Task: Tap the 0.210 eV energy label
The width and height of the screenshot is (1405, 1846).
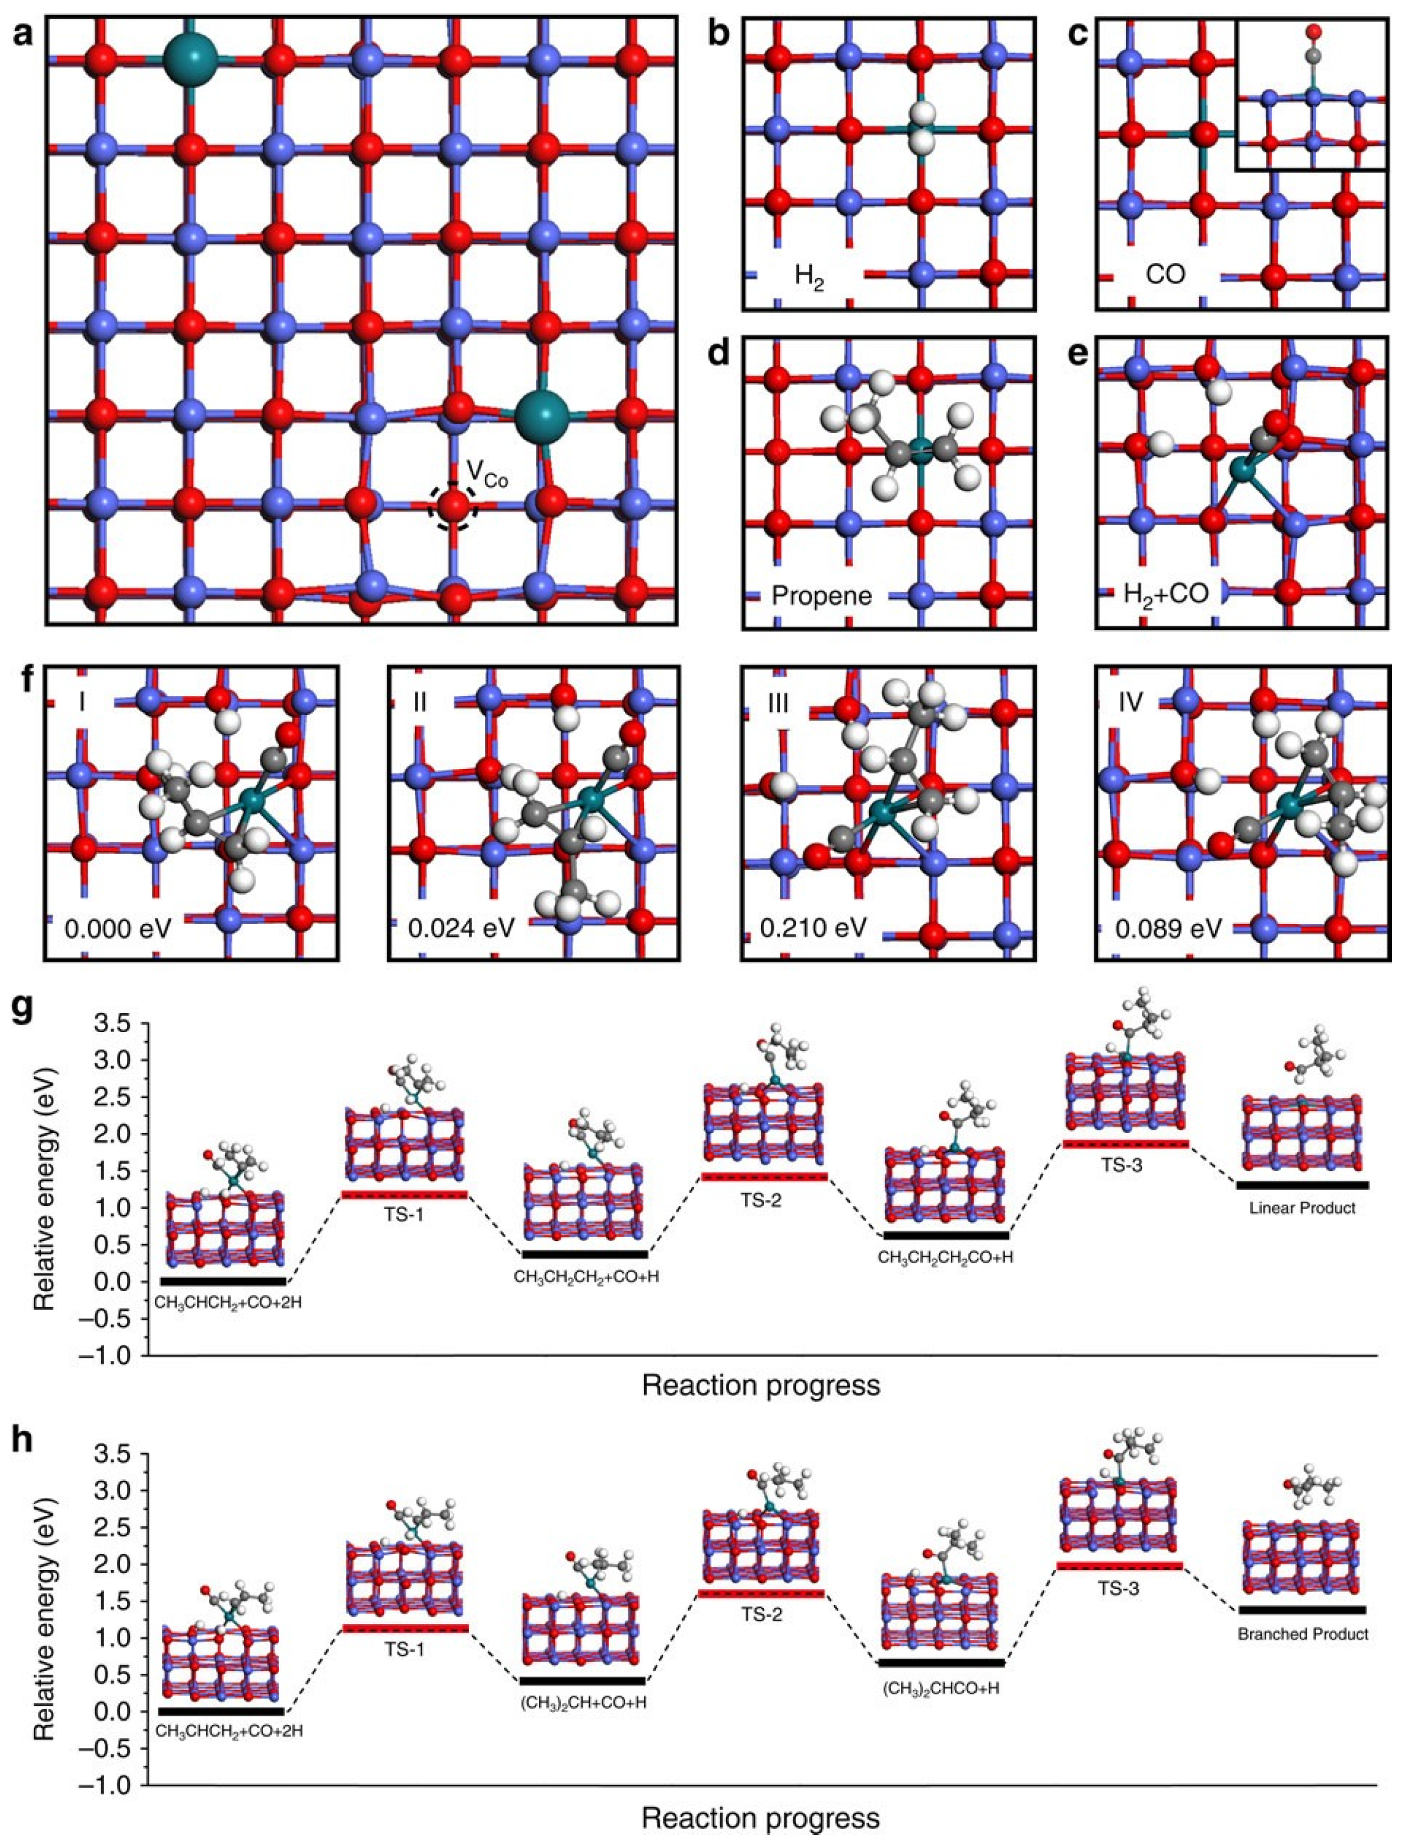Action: coord(811,928)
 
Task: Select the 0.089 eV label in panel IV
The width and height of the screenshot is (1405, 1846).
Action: coord(1168,928)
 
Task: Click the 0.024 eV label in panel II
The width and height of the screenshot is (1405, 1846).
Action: coord(457,928)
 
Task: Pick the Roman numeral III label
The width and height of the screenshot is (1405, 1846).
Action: coord(777,703)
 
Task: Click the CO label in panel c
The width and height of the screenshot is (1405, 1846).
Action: coord(1165,274)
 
